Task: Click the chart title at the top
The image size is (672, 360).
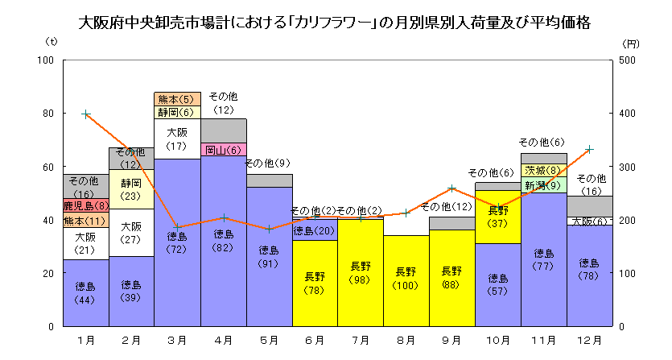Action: tap(336, 23)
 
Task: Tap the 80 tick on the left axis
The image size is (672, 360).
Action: tap(47, 113)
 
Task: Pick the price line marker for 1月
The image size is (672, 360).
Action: tap(86, 114)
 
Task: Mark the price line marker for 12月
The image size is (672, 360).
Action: tap(590, 149)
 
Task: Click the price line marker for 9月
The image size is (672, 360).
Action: tap(452, 188)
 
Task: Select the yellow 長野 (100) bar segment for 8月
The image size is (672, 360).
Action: tap(406, 280)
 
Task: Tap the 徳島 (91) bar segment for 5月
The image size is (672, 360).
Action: tap(269, 256)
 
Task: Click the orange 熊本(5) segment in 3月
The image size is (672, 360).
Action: tap(177, 99)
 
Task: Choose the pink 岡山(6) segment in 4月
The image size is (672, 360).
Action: tap(223, 149)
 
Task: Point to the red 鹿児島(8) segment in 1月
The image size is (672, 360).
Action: tap(86, 205)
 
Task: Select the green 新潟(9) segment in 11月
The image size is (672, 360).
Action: tap(544, 185)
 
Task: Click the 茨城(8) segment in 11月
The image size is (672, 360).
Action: tap(544, 170)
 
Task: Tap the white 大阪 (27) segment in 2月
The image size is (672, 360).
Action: tap(131, 232)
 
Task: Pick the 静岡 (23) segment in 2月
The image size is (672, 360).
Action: tap(131, 190)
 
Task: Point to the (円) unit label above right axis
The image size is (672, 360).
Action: tap(630, 41)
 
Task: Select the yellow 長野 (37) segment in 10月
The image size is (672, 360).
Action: tap(498, 219)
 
